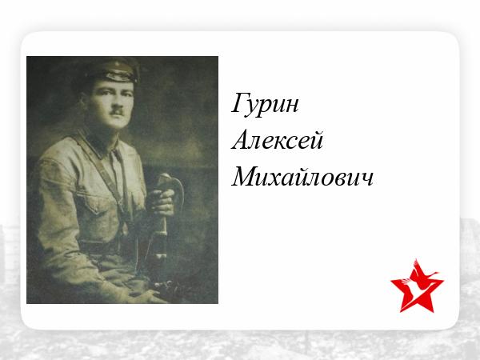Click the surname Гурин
pyautogui.click(x=265, y=104)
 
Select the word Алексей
pyautogui.click(x=278, y=139)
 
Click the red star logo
pyautogui.click(x=417, y=286)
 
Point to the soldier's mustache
pyautogui.click(x=117, y=111)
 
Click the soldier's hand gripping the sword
pyautogui.click(x=163, y=202)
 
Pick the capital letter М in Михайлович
pyautogui.click(x=244, y=176)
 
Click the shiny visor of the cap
pyautogui.click(x=120, y=77)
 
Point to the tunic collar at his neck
pyautogui.click(x=98, y=142)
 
